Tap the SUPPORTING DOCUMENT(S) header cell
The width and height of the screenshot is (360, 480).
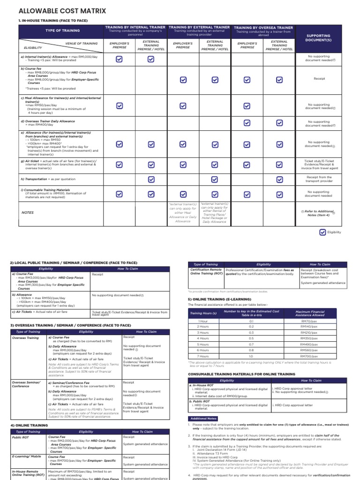tap(318, 38)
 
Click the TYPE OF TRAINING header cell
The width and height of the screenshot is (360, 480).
tap(62, 30)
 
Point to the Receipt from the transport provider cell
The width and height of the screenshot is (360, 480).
tap(318, 179)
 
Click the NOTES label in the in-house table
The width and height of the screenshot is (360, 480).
tap(28, 212)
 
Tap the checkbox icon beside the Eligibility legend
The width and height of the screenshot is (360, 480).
tap(322, 232)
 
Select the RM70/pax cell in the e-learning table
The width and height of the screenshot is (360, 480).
tap(309, 321)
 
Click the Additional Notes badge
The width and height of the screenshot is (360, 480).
tap(203, 418)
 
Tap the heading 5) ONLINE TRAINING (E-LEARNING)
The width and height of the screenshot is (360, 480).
tap(220, 299)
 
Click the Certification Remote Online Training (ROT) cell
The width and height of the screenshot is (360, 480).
tap(206, 272)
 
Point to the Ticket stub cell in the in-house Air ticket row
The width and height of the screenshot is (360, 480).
tap(318, 164)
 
